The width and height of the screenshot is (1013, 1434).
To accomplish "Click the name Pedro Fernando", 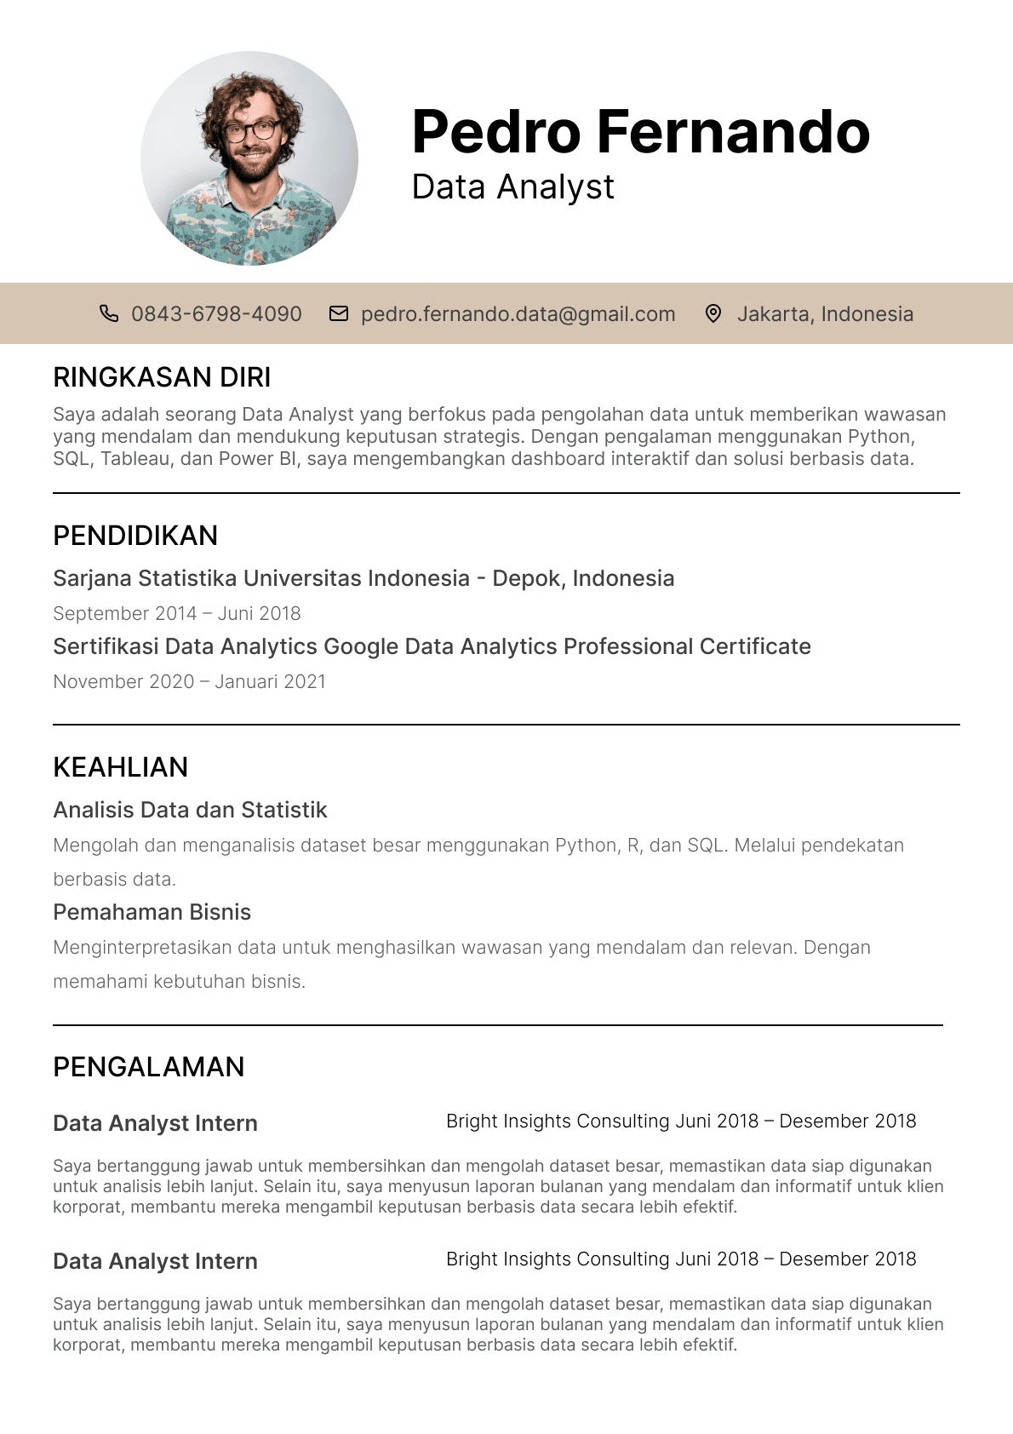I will click(640, 132).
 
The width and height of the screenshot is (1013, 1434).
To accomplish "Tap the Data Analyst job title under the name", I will click(512, 187).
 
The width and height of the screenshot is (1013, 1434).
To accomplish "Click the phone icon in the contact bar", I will click(109, 313).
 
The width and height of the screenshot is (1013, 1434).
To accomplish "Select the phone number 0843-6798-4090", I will click(216, 314).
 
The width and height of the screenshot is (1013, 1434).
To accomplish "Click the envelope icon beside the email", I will click(339, 313).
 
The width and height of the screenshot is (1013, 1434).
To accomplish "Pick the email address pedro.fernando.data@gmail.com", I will click(518, 314).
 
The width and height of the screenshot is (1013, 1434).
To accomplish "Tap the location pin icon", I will click(713, 313).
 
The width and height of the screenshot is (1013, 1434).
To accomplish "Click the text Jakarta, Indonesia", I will click(825, 314).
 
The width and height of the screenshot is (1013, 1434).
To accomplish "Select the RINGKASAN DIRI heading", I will click(162, 377).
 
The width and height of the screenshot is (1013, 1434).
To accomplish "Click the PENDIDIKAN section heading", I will click(135, 536).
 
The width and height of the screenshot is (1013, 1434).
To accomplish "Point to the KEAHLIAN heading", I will click(120, 767).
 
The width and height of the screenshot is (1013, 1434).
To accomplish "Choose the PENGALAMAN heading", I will click(148, 1067).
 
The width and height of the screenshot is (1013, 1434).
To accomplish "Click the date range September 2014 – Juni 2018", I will click(177, 613).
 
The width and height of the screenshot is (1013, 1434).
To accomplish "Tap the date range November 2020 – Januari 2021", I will click(189, 681).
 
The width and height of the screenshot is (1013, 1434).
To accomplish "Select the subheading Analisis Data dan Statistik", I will click(190, 810).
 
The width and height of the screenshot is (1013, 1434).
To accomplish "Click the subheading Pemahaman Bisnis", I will click(152, 912).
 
